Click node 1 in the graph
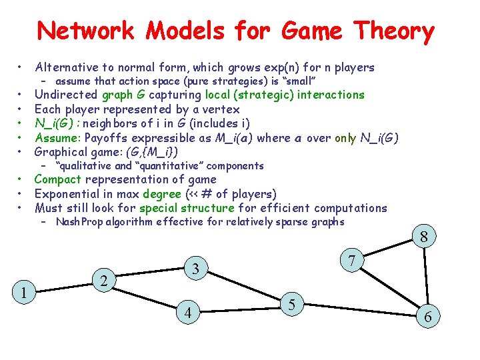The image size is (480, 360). click(x=23, y=291)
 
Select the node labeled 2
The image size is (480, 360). click(x=103, y=281)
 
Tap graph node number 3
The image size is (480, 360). click(x=196, y=269)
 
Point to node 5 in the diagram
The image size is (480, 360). click(x=292, y=305)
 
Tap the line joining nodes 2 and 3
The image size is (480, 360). click(x=150, y=275)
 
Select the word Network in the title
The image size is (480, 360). click(x=85, y=31)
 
